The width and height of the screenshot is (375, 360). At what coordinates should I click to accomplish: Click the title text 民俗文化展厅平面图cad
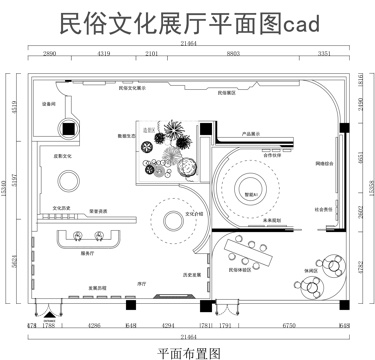[x=187, y=20]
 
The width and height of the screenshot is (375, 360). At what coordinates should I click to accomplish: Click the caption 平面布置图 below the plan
[x=187, y=351]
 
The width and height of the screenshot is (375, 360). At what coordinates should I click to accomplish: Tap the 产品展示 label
[x=251, y=133]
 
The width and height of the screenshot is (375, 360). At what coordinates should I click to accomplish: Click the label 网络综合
[x=325, y=161]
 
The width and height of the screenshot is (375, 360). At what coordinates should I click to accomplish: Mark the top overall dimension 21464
[x=187, y=44]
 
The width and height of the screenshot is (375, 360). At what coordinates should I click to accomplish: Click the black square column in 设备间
[x=68, y=128]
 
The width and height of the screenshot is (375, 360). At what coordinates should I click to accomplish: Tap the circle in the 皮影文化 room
[x=68, y=181]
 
